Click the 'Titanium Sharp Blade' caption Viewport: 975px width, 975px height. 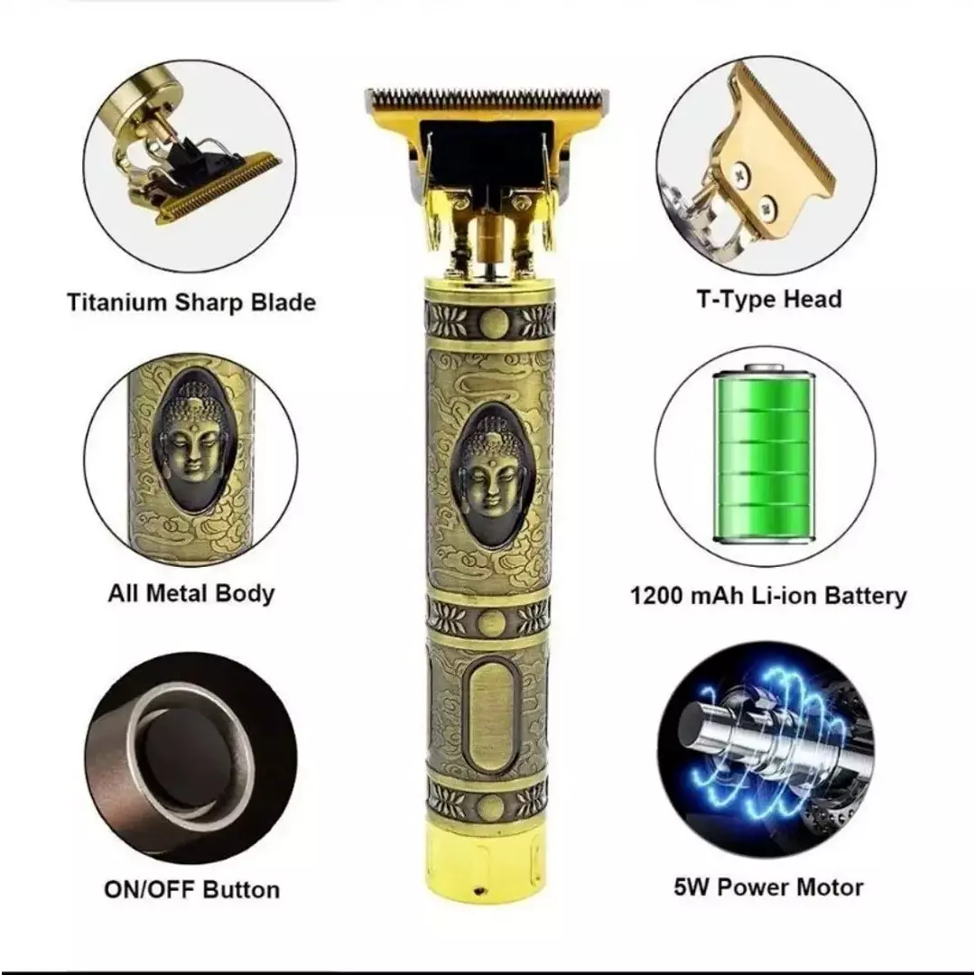coord(191,302)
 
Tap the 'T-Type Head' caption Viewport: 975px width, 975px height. coord(769,299)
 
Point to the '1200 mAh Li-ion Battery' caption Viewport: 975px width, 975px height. coord(768,595)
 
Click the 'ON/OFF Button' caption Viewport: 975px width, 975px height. coord(191,889)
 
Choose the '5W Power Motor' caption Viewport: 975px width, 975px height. coord(768,887)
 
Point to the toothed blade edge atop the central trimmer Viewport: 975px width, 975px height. coord(487,98)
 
